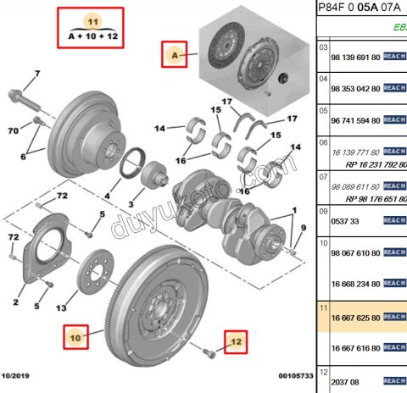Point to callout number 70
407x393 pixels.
(13, 130)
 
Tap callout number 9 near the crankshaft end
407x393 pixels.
(303, 226)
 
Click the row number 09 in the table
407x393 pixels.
(323, 211)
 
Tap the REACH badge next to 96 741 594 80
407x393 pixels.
(395, 121)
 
